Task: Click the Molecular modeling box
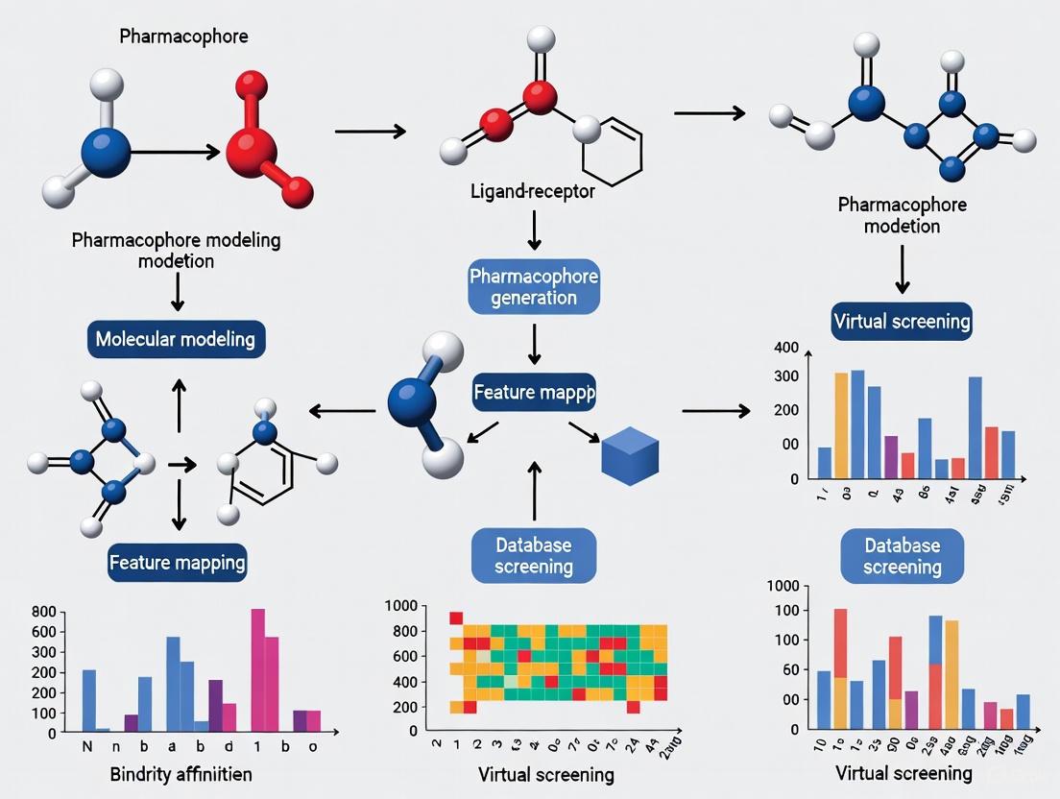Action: click(x=175, y=339)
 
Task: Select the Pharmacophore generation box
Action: click(x=534, y=285)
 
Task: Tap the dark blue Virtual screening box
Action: click(x=902, y=321)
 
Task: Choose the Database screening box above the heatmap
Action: click(x=534, y=555)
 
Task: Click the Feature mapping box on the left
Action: click(x=177, y=562)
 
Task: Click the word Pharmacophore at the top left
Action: click(x=183, y=36)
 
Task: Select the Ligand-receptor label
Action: click(x=533, y=191)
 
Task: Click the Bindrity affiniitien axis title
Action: click(x=177, y=775)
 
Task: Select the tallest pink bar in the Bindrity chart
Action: click(x=257, y=669)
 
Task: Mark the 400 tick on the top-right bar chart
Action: click(x=785, y=347)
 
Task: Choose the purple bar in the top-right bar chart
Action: click(x=891, y=456)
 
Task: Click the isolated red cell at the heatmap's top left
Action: click(x=456, y=617)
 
